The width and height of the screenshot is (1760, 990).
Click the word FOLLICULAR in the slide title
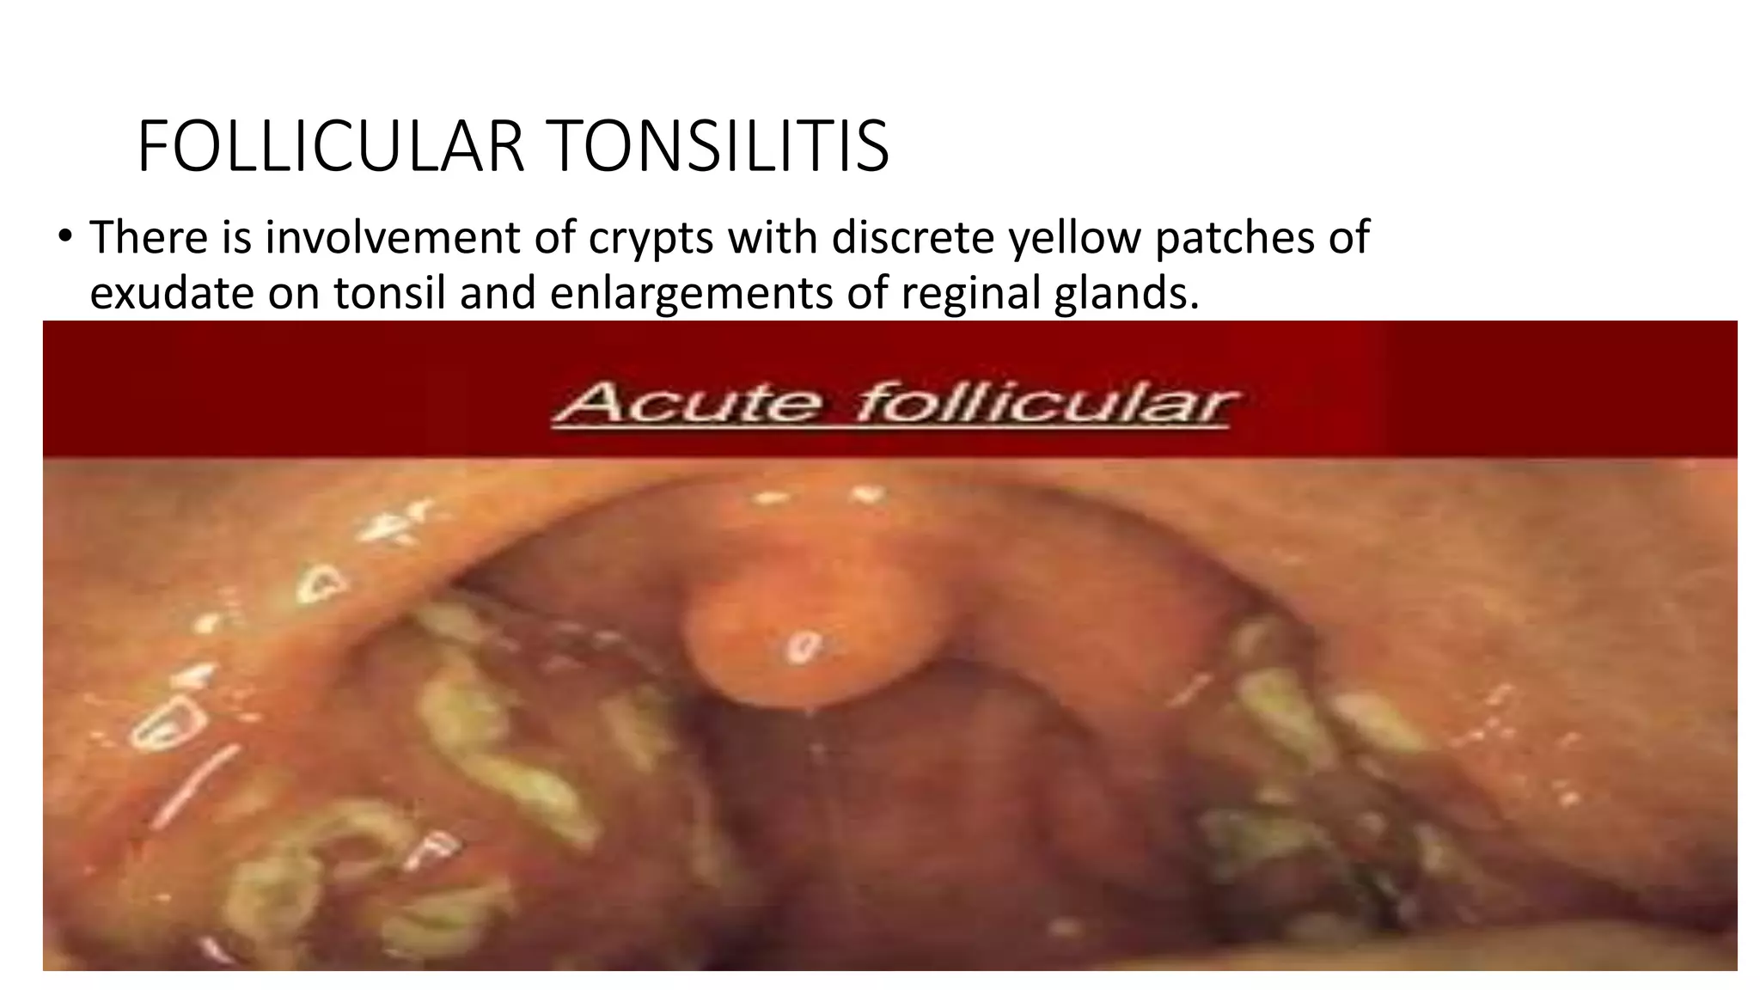(x=330, y=146)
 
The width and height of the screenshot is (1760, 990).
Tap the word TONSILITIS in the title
(x=719, y=146)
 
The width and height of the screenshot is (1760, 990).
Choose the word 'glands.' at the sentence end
(x=1125, y=293)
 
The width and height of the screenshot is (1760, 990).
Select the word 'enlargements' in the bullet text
(x=691, y=293)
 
